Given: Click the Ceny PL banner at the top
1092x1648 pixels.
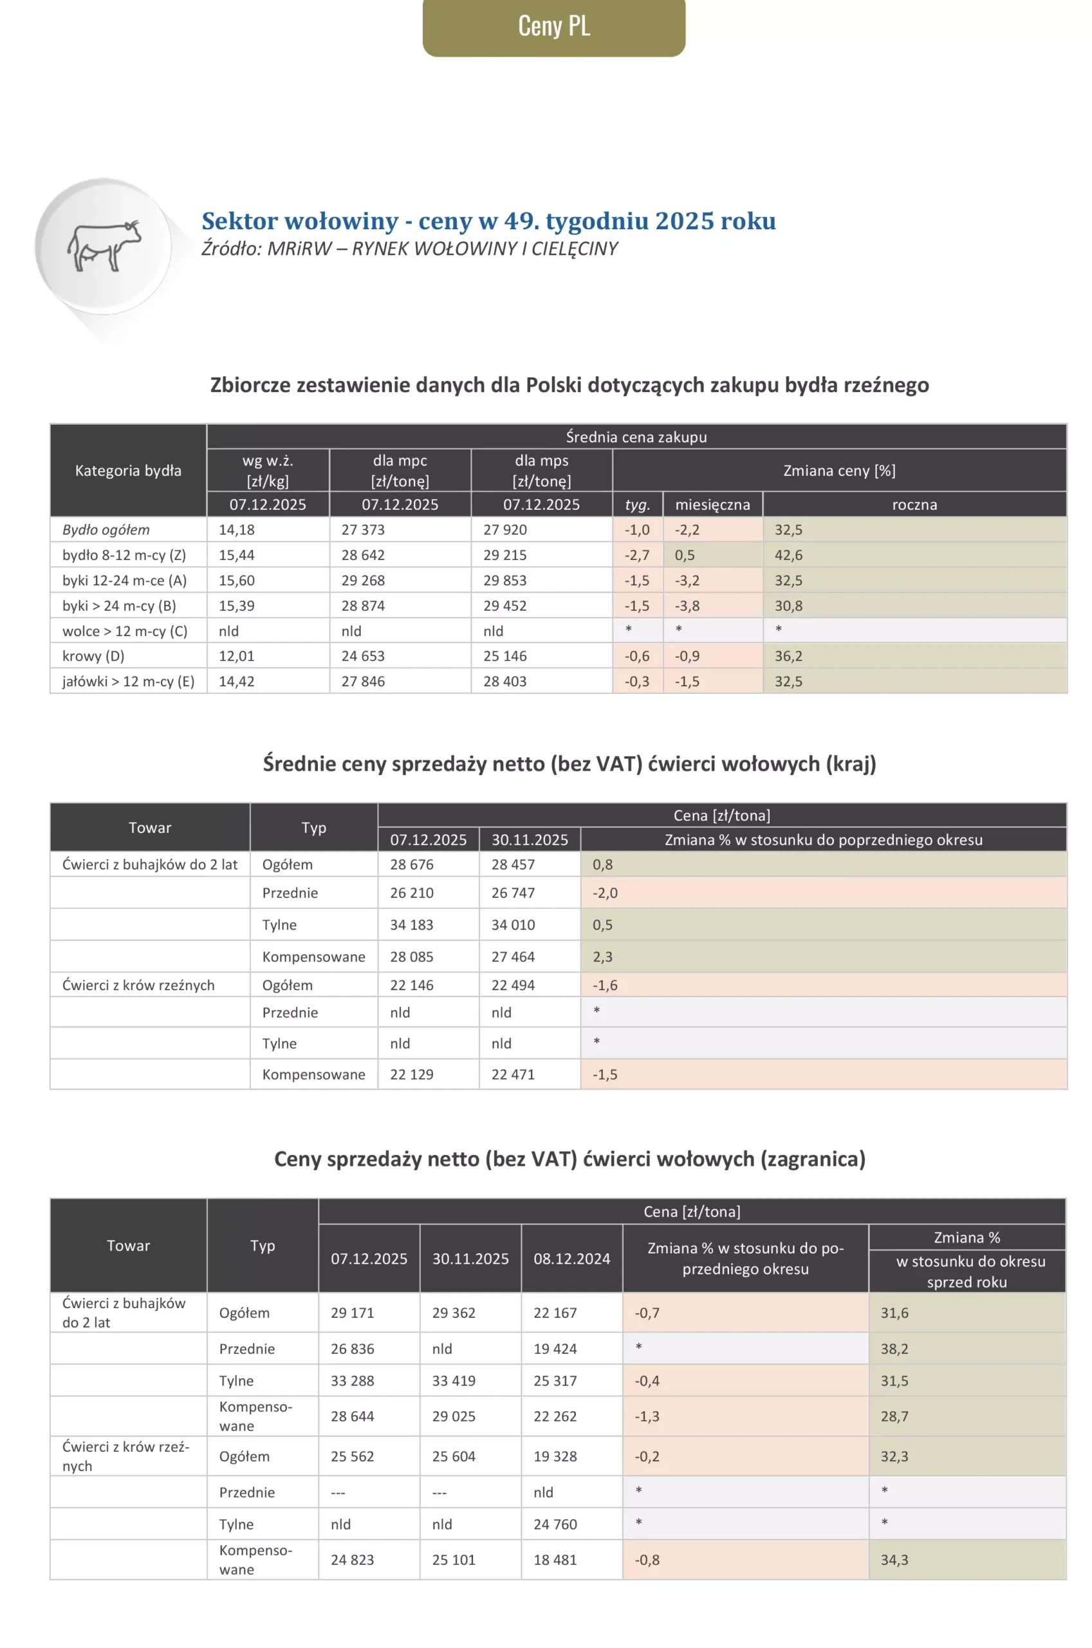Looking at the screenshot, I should (553, 26).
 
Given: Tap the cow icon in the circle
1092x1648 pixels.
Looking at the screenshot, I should (104, 246).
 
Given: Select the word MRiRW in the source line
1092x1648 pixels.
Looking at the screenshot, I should (299, 248).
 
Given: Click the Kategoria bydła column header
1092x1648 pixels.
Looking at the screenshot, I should (128, 470).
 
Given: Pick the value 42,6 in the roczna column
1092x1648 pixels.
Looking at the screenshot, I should (788, 555).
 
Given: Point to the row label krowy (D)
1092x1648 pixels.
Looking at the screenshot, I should (93, 656).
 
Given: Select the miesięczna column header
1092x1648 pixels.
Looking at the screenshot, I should (712, 504).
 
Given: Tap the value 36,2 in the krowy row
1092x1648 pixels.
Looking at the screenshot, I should (788, 656).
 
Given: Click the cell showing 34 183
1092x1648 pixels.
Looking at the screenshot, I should (412, 925).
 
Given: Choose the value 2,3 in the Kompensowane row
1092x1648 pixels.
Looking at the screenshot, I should (602, 957).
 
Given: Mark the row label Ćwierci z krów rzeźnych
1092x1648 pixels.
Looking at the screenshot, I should (138, 985).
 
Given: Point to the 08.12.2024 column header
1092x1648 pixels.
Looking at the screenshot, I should (572, 1259).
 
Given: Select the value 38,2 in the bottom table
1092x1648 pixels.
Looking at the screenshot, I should (894, 1349).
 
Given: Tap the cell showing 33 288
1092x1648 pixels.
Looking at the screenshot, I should (353, 1381).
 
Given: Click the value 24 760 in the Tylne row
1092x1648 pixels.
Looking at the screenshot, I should (555, 1524).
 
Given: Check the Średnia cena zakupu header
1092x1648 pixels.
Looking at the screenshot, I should (636, 436).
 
